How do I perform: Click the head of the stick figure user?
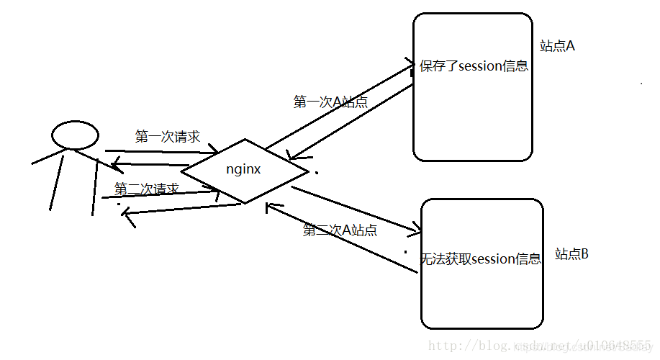[x=75, y=135]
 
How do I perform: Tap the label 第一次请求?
[x=167, y=137]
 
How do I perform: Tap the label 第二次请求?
[x=146, y=189]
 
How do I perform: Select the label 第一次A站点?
[x=330, y=102]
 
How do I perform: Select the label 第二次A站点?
[x=340, y=230]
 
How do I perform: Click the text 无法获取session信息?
[x=480, y=259]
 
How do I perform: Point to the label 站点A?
[x=557, y=46]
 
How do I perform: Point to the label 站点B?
[x=571, y=254]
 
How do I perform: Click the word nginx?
[x=243, y=171]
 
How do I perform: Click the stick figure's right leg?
[x=94, y=187]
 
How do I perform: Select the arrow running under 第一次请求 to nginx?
[x=162, y=151]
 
